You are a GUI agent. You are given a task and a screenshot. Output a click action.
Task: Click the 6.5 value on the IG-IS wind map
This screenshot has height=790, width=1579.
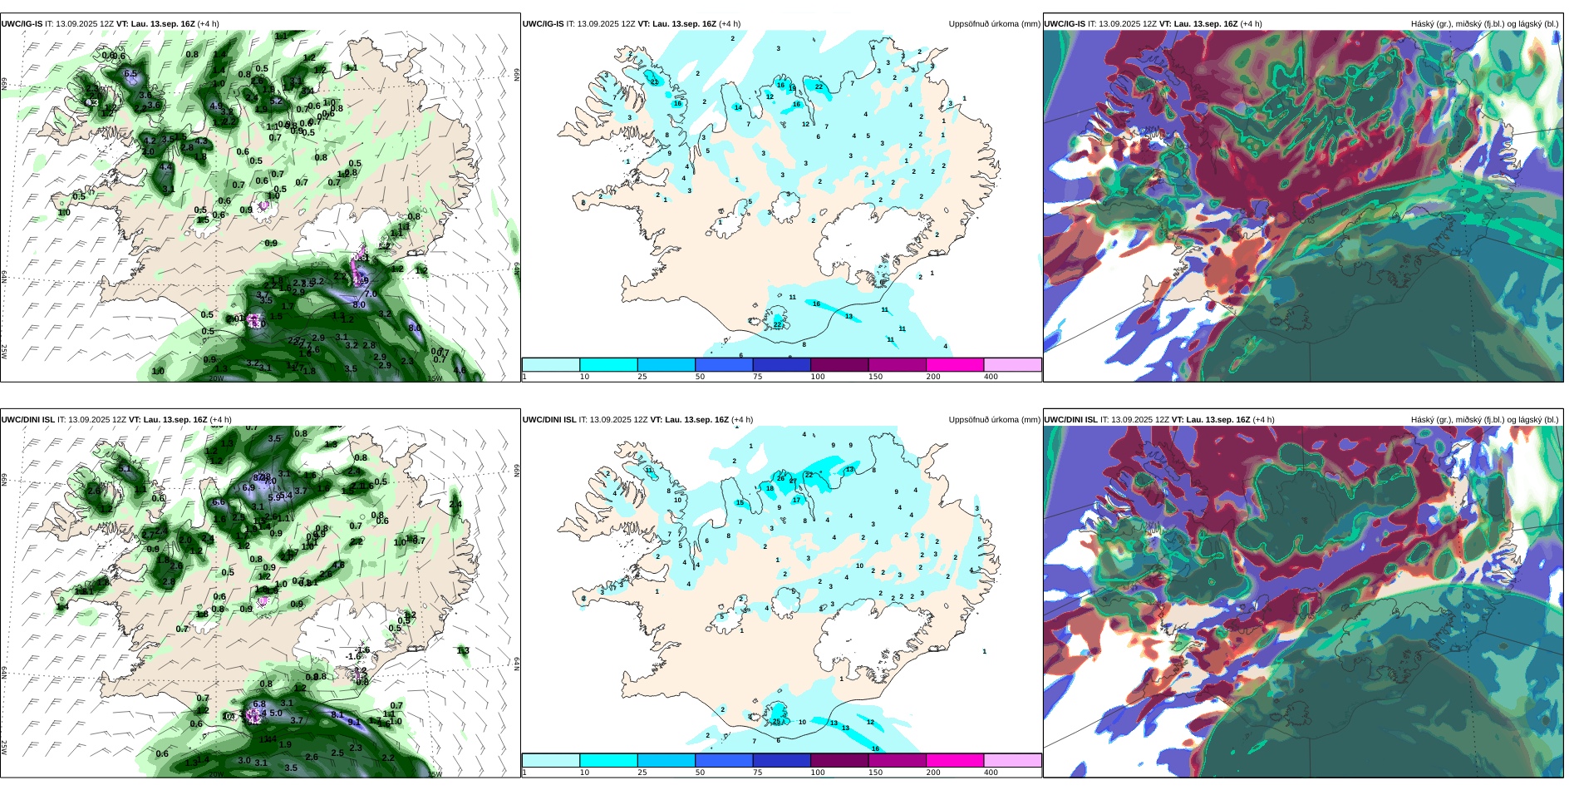point(130,74)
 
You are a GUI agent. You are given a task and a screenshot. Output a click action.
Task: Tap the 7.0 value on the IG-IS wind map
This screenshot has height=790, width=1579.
point(371,294)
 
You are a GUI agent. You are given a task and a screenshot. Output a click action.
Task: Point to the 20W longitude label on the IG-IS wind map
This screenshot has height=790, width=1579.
point(216,378)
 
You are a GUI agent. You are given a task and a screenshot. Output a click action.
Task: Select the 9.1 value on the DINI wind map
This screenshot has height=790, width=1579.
point(354,722)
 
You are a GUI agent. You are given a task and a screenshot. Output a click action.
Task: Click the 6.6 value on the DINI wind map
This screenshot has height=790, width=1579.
point(219,501)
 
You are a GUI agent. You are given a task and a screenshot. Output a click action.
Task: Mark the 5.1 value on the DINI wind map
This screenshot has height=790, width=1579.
point(125,469)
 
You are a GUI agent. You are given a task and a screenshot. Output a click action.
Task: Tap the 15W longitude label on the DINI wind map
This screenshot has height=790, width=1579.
point(434,773)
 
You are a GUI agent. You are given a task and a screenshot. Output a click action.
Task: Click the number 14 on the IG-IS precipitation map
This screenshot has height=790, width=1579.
point(738,107)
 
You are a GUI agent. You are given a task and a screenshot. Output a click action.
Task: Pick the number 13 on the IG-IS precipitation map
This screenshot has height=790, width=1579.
point(849,316)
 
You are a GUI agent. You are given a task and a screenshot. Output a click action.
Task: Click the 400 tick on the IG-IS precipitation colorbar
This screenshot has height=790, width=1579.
point(991,377)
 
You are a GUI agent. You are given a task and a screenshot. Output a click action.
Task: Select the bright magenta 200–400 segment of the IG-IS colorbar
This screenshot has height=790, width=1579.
point(954,364)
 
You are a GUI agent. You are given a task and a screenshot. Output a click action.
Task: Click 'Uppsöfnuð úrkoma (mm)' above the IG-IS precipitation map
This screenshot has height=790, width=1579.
point(994,24)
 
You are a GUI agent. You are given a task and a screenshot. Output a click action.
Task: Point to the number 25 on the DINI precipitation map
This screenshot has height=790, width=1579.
point(777,721)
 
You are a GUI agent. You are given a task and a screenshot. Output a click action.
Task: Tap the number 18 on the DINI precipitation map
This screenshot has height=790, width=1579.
point(770,488)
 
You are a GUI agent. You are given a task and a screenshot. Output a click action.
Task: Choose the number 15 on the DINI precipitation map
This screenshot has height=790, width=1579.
point(740,502)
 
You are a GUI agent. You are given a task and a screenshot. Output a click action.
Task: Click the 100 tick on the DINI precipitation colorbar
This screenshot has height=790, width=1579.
point(818,773)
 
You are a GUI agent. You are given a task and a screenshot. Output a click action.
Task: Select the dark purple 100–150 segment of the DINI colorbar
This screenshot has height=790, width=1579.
point(839,760)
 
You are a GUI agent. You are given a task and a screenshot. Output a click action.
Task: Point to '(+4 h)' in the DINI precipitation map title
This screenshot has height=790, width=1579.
point(742,420)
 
